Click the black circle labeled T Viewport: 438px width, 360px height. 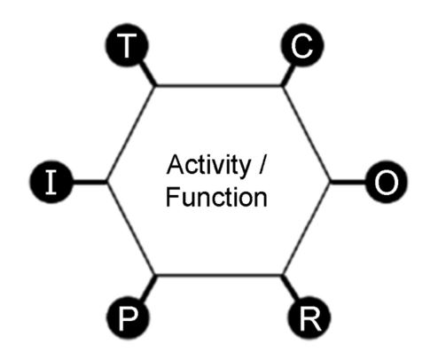(127, 44)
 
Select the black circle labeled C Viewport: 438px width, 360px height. (302, 44)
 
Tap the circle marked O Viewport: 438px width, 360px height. (386, 182)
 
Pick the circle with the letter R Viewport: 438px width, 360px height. (309, 318)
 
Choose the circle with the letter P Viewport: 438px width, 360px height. (128, 318)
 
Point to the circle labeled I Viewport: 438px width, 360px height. (51, 182)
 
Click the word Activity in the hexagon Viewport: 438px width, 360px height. (208, 166)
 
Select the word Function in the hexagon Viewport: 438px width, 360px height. (216, 198)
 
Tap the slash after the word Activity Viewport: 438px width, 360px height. (262, 165)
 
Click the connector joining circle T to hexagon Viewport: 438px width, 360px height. (149, 74)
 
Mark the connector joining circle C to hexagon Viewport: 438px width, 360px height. (288, 75)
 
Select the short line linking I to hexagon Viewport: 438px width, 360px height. (90, 182)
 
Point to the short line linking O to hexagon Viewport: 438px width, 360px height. (348, 182)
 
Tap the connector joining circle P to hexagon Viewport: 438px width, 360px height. (148, 288)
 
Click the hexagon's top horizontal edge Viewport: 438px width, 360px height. (219, 86)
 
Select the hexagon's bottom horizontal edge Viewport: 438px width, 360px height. (219, 276)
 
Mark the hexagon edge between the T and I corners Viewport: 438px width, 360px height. (130, 134)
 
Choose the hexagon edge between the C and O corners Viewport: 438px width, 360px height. (307, 134)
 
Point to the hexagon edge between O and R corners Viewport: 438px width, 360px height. (307, 229)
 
